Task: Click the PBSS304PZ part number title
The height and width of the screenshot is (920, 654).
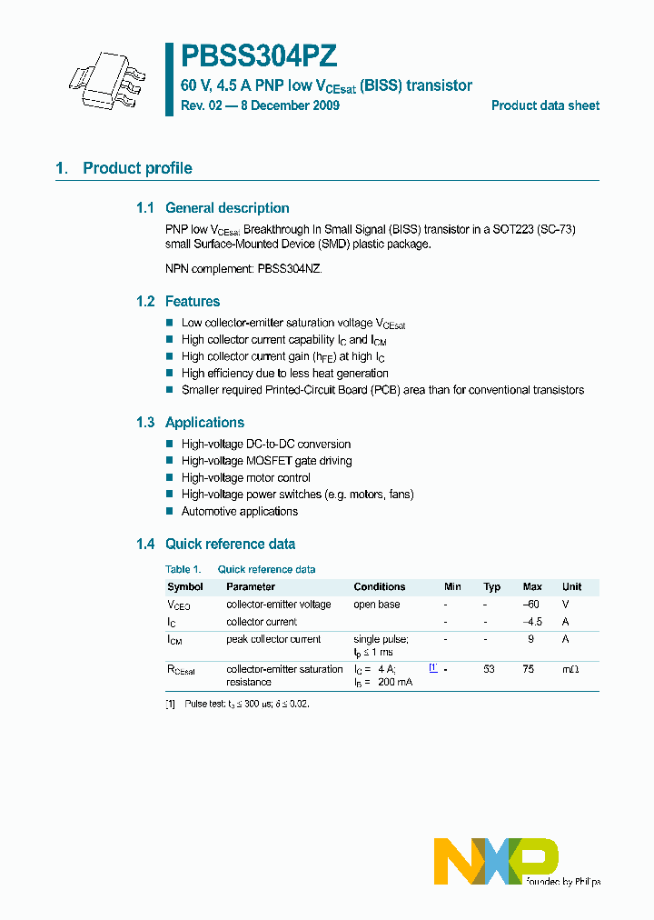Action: pos(259,56)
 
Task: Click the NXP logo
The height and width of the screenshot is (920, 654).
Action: pos(496,860)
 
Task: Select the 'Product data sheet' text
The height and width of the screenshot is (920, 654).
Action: pos(545,105)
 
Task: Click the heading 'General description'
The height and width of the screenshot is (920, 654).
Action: pos(227,208)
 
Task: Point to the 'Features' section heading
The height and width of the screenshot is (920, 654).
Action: pos(193,302)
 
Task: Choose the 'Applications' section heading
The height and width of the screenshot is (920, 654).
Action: pos(204,423)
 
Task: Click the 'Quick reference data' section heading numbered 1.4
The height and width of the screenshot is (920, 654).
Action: pos(230,545)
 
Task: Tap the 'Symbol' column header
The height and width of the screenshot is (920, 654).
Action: pos(185,587)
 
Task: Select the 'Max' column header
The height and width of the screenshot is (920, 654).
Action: pos(532,587)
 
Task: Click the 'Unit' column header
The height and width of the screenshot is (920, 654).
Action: pos(571,587)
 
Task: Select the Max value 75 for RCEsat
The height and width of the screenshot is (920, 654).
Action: pos(532,669)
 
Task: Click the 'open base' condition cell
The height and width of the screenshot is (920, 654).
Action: pos(377,605)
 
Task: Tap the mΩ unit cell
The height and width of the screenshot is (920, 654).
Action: pos(570,669)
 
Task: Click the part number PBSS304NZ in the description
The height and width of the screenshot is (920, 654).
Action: pos(289,270)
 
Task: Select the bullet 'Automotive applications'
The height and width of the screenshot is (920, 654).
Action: pos(239,512)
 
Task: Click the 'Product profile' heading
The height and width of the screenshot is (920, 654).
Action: pos(137,168)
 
